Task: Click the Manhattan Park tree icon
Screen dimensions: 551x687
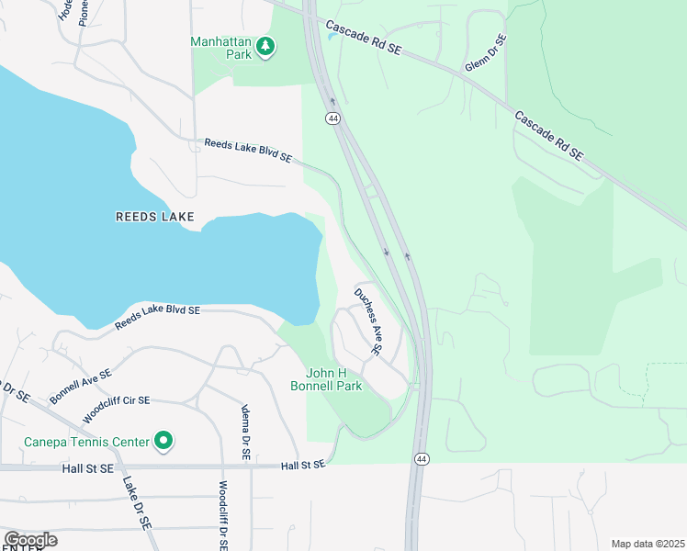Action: pos(265,46)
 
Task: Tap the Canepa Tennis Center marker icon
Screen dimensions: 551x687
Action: pos(163,442)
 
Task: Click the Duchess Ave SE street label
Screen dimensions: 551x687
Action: pos(368,320)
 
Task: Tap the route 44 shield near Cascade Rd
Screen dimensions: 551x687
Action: pos(332,118)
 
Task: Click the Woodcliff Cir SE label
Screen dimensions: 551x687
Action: pos(116,401)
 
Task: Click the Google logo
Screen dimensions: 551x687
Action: pos(30,540)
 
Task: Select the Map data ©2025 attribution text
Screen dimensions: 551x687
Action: pos(648,544)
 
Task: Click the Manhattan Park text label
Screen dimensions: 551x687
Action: pos(221,41)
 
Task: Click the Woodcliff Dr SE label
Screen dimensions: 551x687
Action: pos(223,515)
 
